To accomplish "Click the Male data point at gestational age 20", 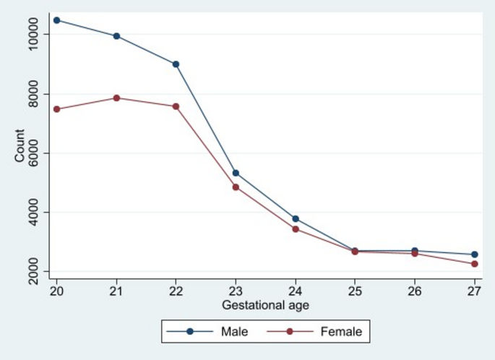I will coord(56,20).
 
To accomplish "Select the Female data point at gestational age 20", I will coord(56,109).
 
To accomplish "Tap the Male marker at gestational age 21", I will coord(116,35).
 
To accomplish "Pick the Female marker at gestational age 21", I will coord(116,98).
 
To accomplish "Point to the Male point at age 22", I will coord(176,64).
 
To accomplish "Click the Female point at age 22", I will coord(176,106).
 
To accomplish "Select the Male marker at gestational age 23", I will coord(236,173).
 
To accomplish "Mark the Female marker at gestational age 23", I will coord(236,187).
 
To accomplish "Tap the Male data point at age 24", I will coord(296,218).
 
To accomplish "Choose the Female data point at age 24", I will coord(296,229).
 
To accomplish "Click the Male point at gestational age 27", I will coord(475,254).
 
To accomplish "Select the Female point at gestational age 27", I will coord(475,264).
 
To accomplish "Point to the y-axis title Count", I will coord(20,145).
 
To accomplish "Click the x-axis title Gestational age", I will coord(265,305).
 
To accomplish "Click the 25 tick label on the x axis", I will coord(355,291).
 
